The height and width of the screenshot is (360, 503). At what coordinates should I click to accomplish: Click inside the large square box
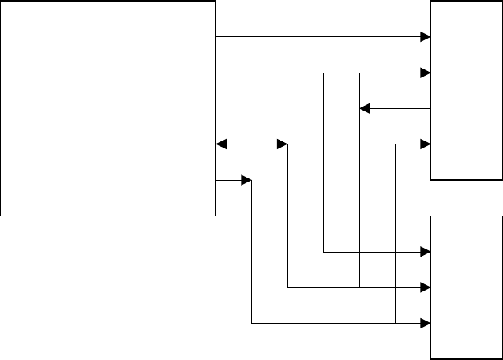(107, 107)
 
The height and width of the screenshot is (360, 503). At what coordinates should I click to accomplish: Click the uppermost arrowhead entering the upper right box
(426, 36)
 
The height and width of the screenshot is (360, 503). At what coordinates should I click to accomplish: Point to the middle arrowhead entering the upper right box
(426, 73)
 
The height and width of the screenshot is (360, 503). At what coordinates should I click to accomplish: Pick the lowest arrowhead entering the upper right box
(426, 144)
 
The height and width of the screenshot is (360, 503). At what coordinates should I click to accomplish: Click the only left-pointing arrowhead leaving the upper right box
(364, 108)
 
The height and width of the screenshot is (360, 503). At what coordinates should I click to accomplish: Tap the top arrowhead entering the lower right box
(426, 252)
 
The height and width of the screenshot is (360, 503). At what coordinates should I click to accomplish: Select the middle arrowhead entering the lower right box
(426, 287)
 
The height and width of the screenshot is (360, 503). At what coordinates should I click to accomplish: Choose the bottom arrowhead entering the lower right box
(426, 323)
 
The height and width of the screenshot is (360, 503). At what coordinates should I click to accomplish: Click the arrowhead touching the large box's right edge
(221, 144)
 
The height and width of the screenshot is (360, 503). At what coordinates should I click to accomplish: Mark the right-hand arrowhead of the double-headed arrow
(282, 144)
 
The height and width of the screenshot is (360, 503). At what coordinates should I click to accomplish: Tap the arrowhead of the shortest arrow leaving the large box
(246, 181)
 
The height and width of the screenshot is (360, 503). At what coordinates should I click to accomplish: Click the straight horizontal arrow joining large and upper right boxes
(316, 36)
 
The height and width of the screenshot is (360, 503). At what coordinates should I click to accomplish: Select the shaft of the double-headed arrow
(251, 144)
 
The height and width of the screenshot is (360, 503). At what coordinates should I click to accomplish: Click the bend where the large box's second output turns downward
(324, 73)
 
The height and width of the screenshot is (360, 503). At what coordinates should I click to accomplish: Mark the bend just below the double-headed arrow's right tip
(287, 145)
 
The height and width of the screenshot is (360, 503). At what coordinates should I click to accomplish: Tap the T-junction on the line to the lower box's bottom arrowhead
(395, 323)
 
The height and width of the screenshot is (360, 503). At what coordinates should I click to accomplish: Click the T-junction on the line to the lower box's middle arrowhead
(359, 287)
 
